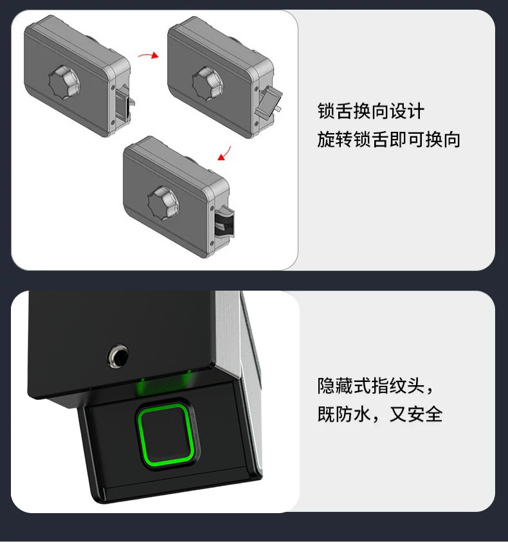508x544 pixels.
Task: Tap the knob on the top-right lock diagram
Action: tap(208, 83)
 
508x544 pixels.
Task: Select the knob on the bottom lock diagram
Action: tap(163, 203)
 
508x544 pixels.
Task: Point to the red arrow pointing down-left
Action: tap(224, 154)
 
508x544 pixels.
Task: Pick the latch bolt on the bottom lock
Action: tap(224, 221)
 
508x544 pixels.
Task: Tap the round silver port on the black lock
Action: tap(118, 356)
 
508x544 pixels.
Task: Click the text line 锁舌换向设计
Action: tap(371, 111)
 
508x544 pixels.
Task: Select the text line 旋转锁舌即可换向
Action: tap(388, 140)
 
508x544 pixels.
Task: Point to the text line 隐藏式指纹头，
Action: tap(376, 386)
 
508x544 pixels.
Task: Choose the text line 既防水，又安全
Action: tap(380, 414)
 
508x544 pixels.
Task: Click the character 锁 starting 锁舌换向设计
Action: tap(326, 111)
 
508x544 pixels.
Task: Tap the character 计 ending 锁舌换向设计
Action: tap(415, 111)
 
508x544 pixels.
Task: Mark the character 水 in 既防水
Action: tap(362, 414)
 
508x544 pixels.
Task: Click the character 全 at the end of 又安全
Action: tap(434, 414)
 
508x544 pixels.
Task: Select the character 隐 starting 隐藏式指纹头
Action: tap(326, 386)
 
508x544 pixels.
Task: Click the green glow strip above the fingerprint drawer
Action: tap(165, 386)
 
